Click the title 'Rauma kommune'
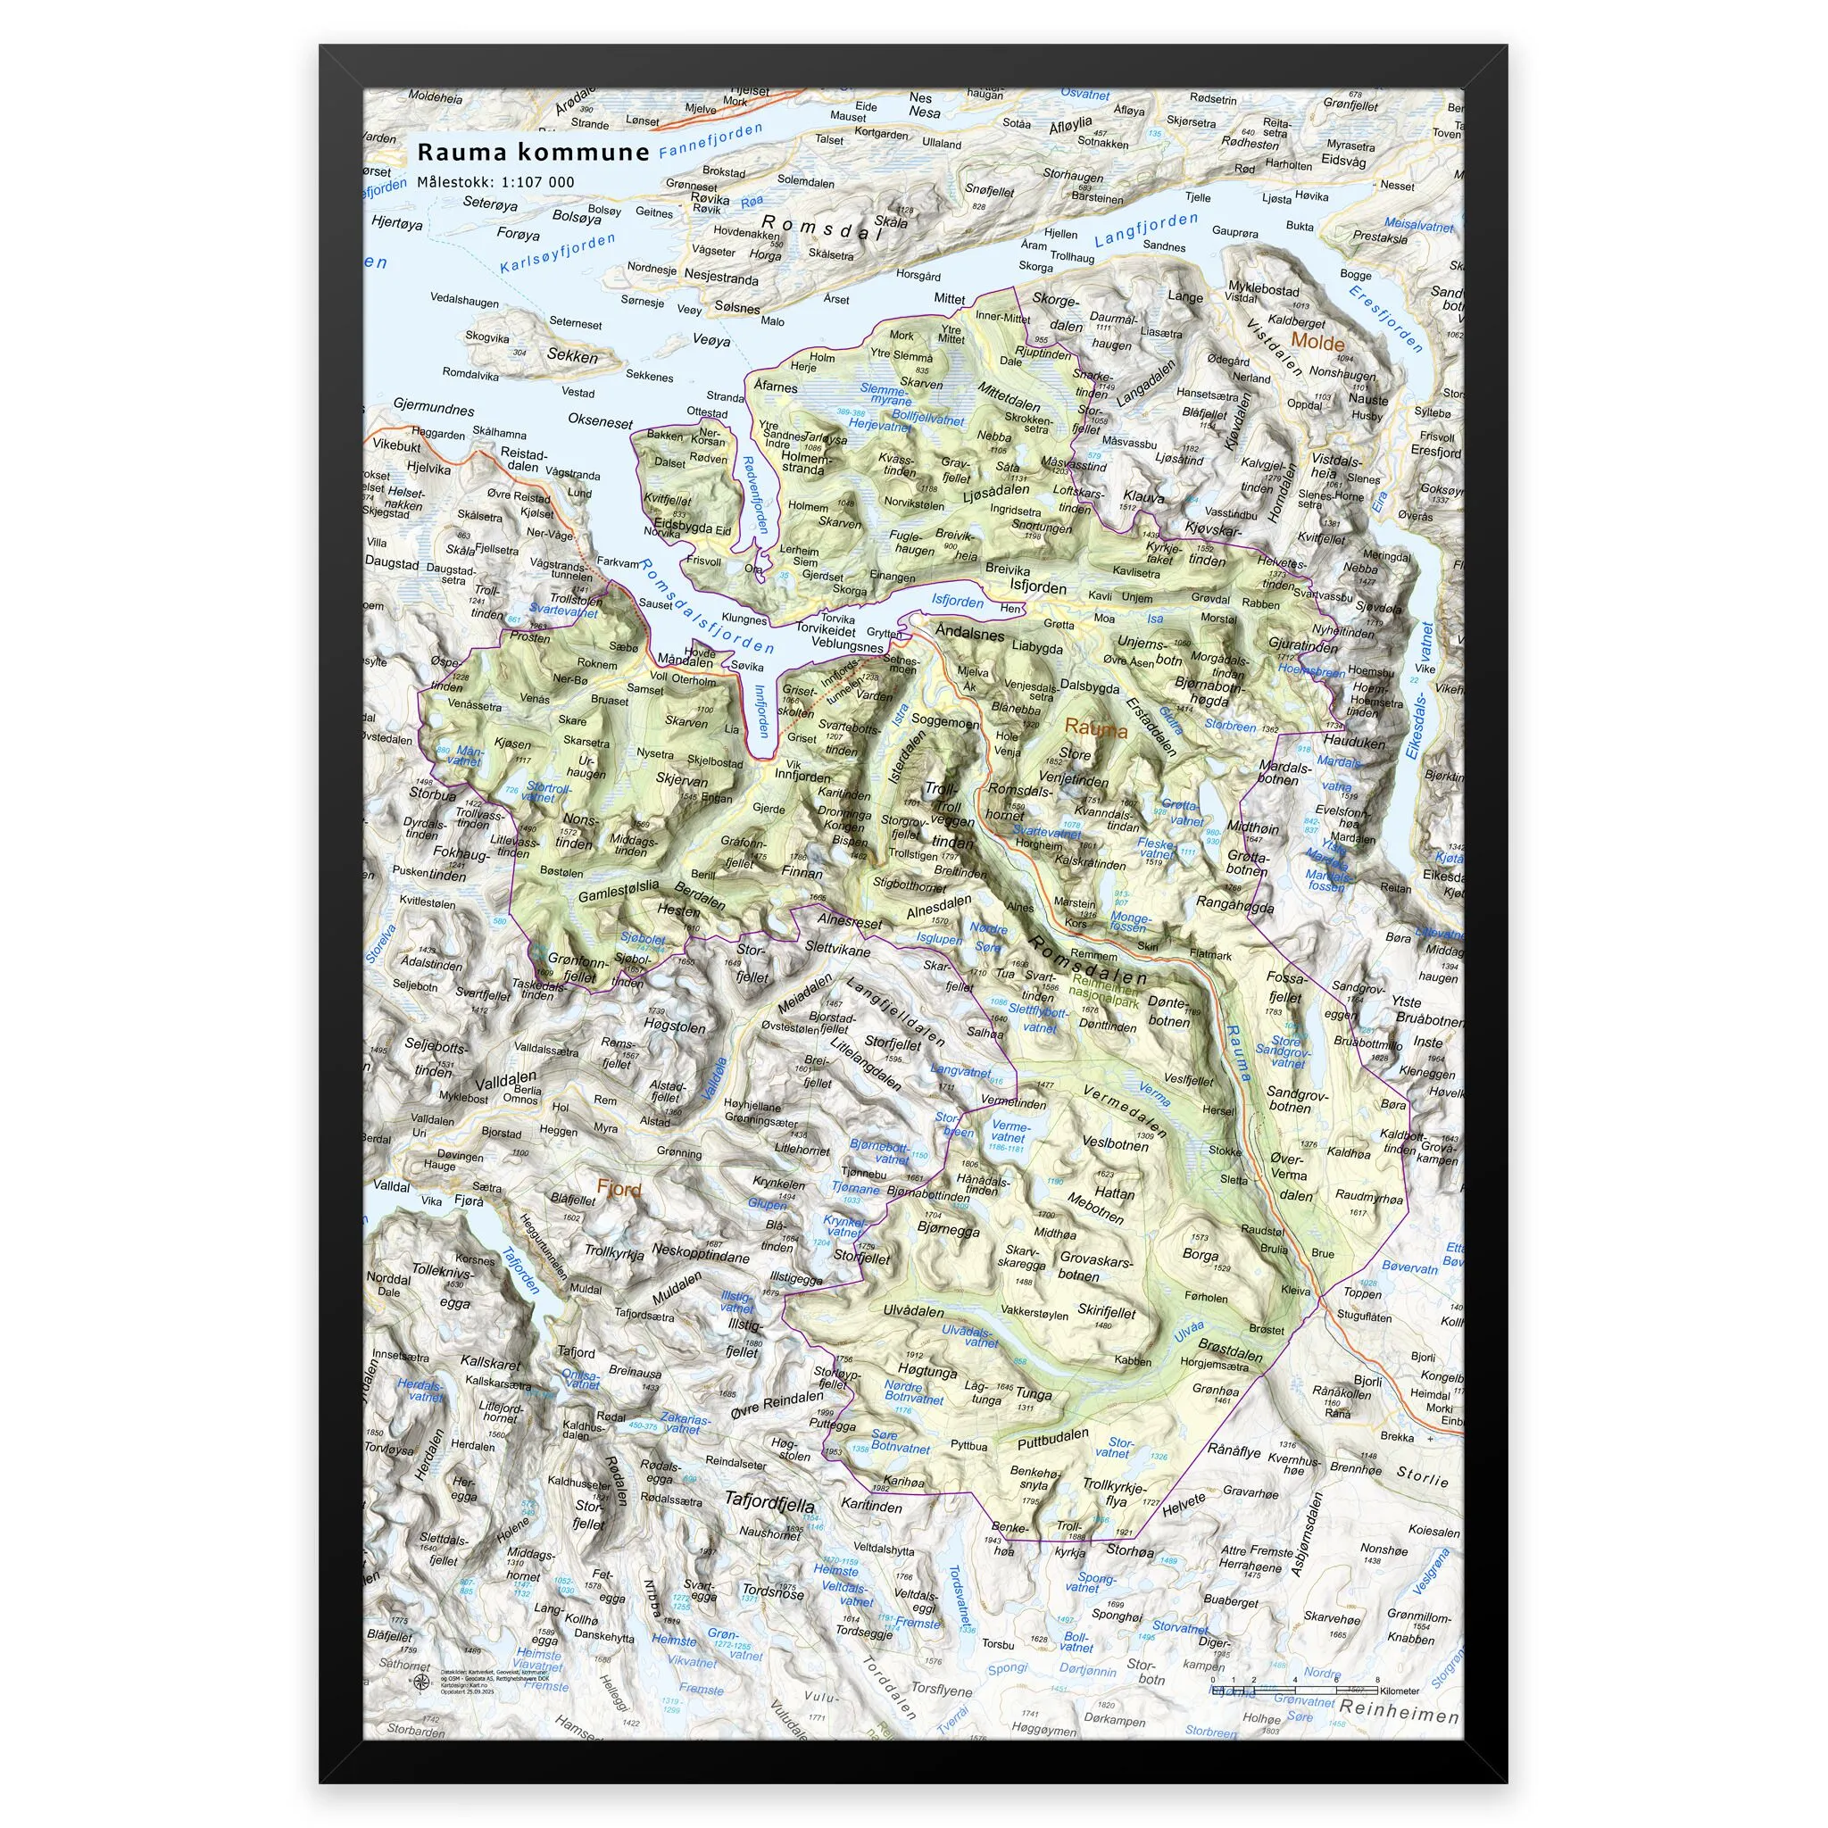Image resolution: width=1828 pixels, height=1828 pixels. [x=534, y=153]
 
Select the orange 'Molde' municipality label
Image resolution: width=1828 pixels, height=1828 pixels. [x=1317, y=343]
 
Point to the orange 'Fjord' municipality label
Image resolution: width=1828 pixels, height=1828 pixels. [x=619, y=1189]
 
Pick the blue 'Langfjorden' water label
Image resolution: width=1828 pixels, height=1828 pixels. [x=1146, y=231]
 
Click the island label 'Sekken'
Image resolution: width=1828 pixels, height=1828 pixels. [x=572, y=356]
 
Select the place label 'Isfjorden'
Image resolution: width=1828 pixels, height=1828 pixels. [x=1038, y=587]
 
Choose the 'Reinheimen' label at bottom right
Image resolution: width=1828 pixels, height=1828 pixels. [x=1398, y=1715]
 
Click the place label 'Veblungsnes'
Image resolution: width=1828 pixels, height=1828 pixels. [x=847, y=644]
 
